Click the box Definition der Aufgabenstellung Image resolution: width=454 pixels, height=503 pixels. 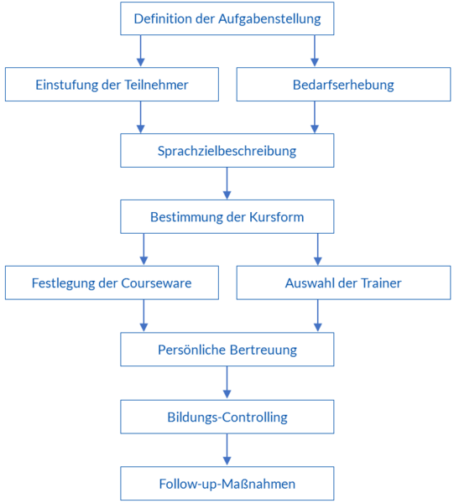coord(227,18)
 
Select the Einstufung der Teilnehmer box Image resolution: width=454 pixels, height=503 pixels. coord(112,85)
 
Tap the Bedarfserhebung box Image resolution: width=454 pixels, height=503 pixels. coord(343,85)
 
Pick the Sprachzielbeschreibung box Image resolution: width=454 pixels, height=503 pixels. coord(227,150)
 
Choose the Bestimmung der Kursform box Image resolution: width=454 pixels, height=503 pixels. coord(227,217)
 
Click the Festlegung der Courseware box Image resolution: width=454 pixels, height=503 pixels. coord(112,283)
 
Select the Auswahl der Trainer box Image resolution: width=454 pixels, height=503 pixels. coord(343,283)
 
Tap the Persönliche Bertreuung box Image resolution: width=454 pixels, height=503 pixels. coord(227,350)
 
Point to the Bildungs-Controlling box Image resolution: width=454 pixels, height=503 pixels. coord(227,417)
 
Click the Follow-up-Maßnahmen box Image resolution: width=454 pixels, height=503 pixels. coord(227,484)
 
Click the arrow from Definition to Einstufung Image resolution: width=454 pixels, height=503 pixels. coord(141,51)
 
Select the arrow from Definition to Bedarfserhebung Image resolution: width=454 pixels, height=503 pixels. coord(315,51)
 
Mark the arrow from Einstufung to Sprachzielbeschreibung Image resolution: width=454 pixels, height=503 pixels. coord(141,117)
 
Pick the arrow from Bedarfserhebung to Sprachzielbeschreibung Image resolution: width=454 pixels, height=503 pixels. coord(315,117)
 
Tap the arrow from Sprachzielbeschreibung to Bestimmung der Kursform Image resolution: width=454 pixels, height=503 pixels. coord(227,184)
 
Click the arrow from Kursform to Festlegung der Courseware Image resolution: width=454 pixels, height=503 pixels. coord(144,250)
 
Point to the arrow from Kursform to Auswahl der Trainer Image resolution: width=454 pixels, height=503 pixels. coord(318,250)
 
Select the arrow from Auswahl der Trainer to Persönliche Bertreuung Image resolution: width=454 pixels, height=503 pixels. coord(318,316)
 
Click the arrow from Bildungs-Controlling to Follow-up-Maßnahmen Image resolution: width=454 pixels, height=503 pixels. coord(227,449)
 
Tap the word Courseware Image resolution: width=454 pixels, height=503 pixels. coord(156,283)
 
